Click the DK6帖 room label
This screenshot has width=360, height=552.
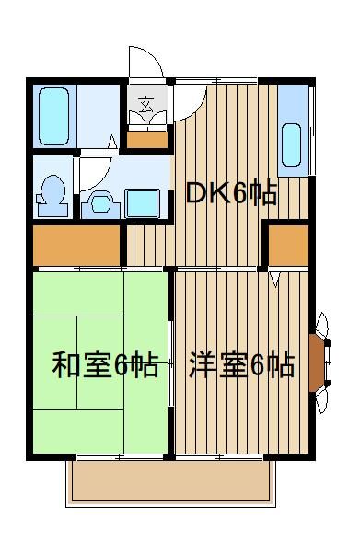231,193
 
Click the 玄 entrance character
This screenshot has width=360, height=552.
146,104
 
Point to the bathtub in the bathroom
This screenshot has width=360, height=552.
53,116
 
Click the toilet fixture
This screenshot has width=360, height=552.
52,195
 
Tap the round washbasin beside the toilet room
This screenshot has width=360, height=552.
100,204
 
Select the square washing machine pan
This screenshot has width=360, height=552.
143,204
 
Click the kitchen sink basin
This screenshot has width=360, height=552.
291,144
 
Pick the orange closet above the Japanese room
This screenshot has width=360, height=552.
76,246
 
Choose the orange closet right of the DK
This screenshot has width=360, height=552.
288,246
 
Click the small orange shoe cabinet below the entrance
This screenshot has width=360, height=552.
147,140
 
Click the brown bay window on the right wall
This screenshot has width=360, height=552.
317,363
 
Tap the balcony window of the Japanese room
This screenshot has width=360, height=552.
120,457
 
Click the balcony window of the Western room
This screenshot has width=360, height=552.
219,457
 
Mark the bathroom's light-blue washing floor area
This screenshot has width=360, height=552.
99,116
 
